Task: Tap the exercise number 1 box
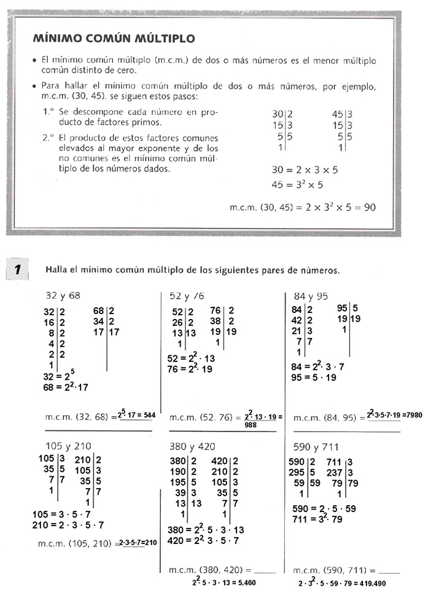pyautogui.click(x=18, y=269)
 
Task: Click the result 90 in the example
pyautogui.click(x=370, y=207)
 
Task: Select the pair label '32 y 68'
pyautogui.click(x=63, y=296)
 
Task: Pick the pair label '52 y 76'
pyautogui.click(x=187, y=296)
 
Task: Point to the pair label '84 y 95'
pyautogui.click(x=311, y=296)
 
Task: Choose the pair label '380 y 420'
pyautogui.click(x=193, y=446)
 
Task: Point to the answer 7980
pyautogui.click(x=414, y=415)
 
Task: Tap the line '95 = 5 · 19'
pyautogui.click(x=314, y=378)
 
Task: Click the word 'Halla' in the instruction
pyautogui.click(x=56, y=270)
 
